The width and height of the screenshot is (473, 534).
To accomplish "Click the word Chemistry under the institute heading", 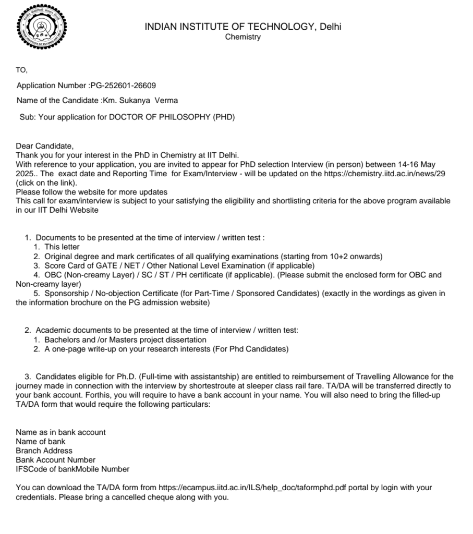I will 242,37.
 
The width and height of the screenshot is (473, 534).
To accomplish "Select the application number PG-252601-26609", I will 123,86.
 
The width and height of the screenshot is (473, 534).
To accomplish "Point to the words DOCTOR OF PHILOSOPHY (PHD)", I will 172,117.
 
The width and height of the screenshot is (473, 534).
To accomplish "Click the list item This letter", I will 62,247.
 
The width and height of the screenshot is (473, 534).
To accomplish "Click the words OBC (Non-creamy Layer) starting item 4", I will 87,275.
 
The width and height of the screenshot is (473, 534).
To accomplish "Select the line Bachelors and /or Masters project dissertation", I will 125,339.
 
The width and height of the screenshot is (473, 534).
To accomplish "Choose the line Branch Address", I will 44,451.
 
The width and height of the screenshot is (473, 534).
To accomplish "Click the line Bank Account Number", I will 56,460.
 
